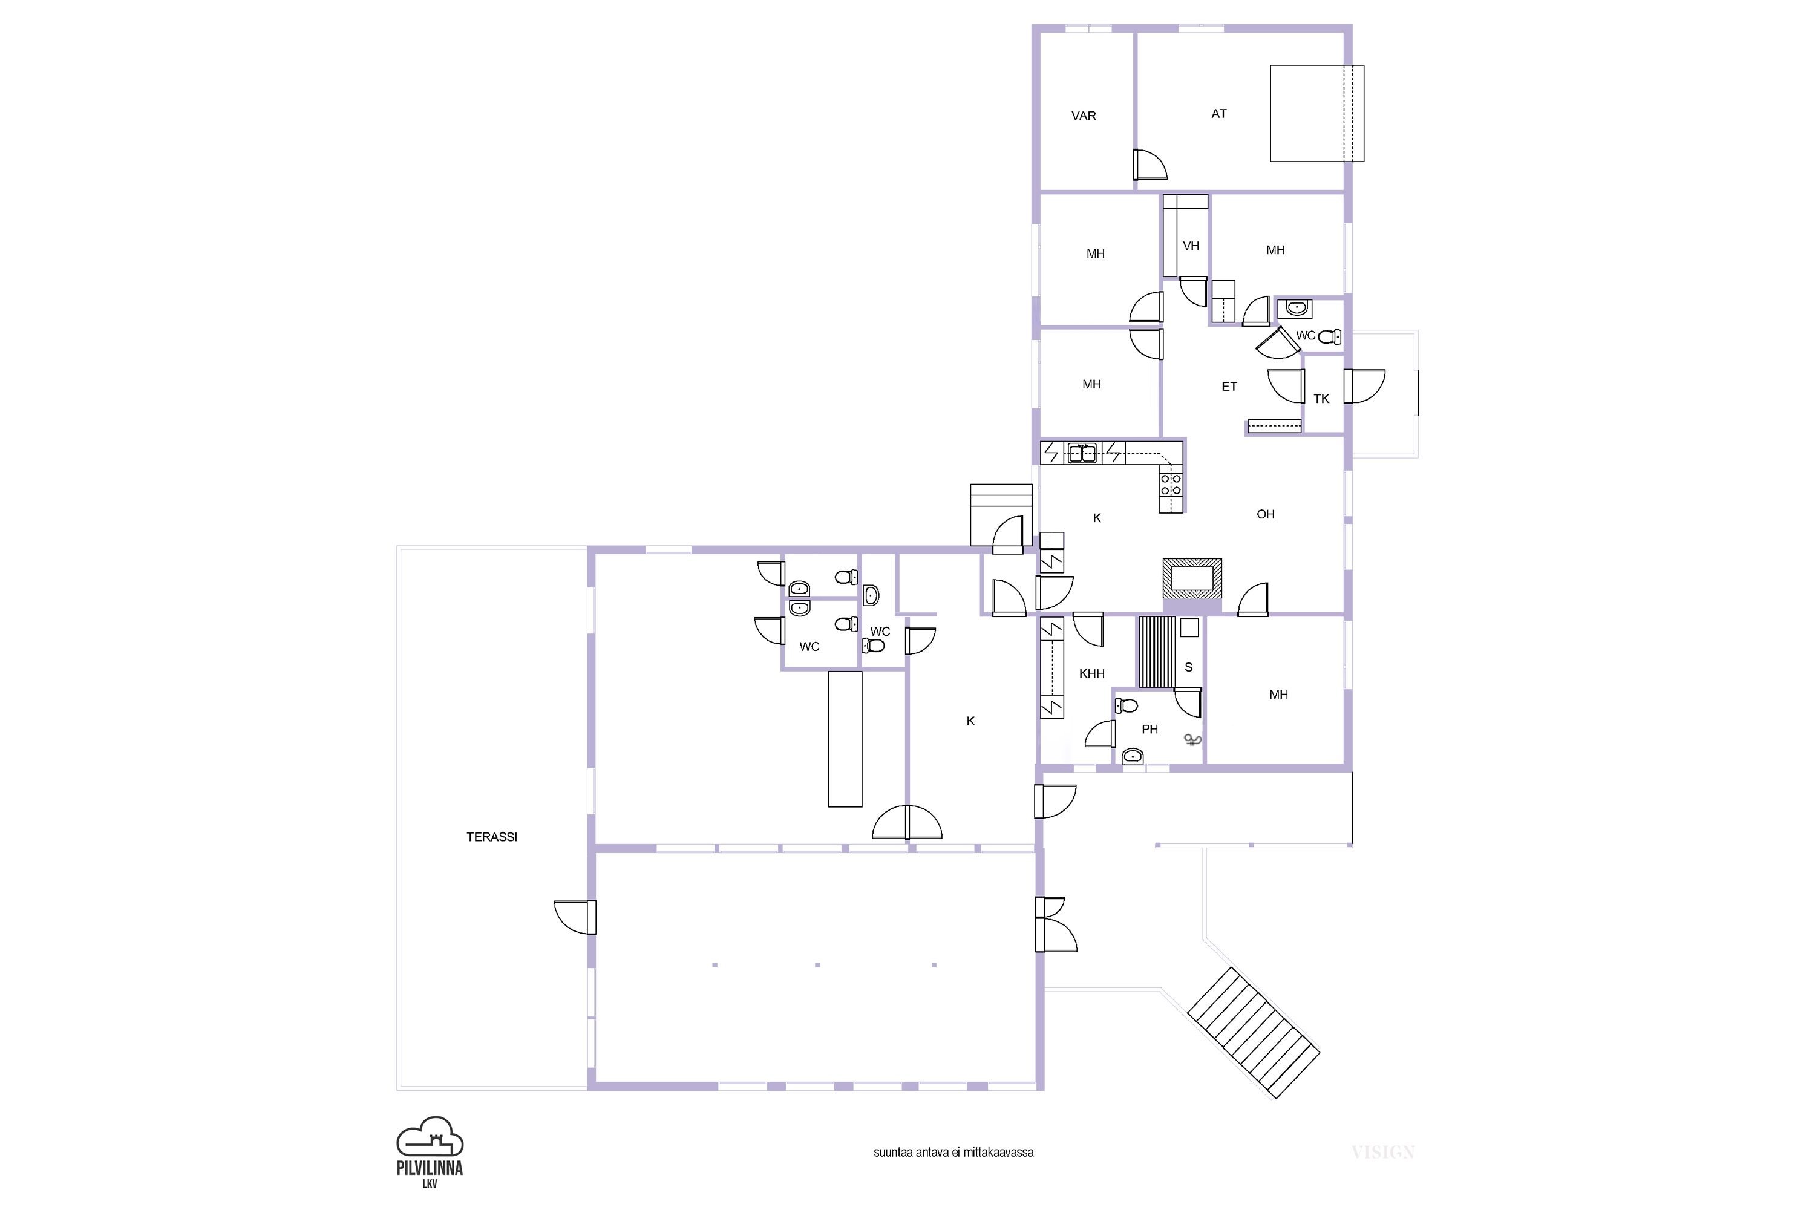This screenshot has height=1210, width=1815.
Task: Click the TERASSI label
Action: coord(491,837)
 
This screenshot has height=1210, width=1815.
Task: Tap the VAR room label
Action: coord(1084,116)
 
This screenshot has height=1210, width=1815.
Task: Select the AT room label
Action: coord(1218,114)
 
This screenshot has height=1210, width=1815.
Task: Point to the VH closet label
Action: coord(1191,246)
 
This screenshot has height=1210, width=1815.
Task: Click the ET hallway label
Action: coord(1229,387)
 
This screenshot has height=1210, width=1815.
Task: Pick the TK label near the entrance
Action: coord(1321,399)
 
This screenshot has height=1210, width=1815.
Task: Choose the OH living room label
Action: coord(1266,514)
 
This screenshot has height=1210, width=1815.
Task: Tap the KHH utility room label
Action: coord(1092,674)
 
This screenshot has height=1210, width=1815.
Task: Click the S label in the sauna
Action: coord(1188,667)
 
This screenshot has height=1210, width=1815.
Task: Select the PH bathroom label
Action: coord(1150,729)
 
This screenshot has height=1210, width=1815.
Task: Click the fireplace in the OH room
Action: coord(1192,578)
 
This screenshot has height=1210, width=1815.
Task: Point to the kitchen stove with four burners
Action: coord(1171,484)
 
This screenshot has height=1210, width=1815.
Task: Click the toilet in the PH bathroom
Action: coord(1127,705)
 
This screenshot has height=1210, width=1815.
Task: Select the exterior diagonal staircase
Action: coord(1253,1033)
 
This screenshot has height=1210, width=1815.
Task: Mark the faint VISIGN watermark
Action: coord(1383,1152)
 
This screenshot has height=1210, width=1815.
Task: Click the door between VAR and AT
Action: coord(1149,165)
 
